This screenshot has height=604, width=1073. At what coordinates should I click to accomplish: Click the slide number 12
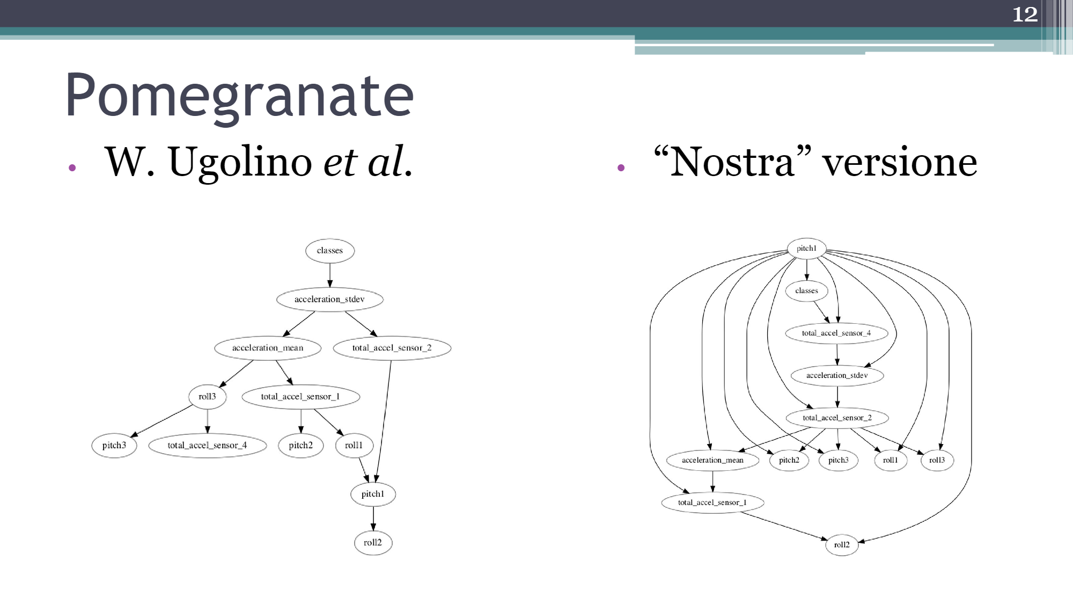click(1025, 14)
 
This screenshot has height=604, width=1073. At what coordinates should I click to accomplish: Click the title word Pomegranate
click(239, 95)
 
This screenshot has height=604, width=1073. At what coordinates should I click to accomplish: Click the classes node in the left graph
click(329, 251)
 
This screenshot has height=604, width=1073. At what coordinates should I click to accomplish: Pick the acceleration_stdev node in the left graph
click(329, 300)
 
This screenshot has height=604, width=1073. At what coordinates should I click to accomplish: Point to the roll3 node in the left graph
click(207, 397)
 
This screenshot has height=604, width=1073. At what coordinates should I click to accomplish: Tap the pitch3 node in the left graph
click(114, 446)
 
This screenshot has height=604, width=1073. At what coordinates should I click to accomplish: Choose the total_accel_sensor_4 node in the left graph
click(207, 446)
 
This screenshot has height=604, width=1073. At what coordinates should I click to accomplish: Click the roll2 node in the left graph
click(373, 543)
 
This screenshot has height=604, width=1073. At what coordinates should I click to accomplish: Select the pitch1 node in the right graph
click(806, 249)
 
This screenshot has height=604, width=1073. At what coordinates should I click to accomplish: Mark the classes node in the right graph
click(806, 291)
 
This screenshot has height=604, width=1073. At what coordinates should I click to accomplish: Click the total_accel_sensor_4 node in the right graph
click(836, 333)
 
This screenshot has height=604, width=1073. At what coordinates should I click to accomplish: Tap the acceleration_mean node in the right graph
click(712, 460)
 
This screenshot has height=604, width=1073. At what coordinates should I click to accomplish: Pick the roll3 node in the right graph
click(937, 460)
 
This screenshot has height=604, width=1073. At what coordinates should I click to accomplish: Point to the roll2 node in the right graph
click(842, 545)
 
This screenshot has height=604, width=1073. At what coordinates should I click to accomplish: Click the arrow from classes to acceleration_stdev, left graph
click(330, 275)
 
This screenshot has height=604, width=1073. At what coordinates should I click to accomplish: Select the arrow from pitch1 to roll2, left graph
click(373, 519)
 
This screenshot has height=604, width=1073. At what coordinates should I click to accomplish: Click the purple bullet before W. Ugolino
click(72, 168)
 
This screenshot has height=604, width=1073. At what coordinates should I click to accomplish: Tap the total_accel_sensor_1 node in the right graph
click(712, 503)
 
